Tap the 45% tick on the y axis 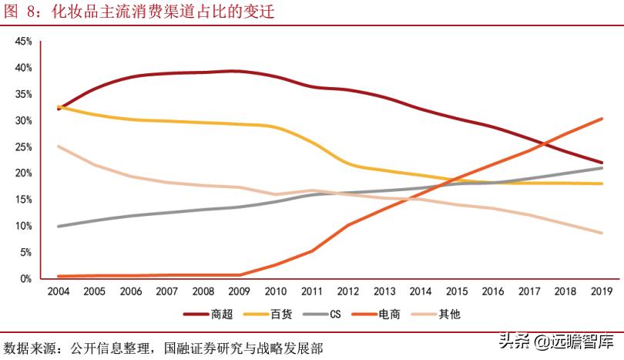tap(23, 41)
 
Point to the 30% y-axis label tap(23, 121)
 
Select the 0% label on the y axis tap(25, 278)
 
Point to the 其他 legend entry tap(438, 314)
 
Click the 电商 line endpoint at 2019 tap(601, 119)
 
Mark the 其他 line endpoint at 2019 tap(601, 233)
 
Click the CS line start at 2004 tap(58, 226)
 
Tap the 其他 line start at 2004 tap(58, 146)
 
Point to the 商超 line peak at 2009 tap(239, 71)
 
